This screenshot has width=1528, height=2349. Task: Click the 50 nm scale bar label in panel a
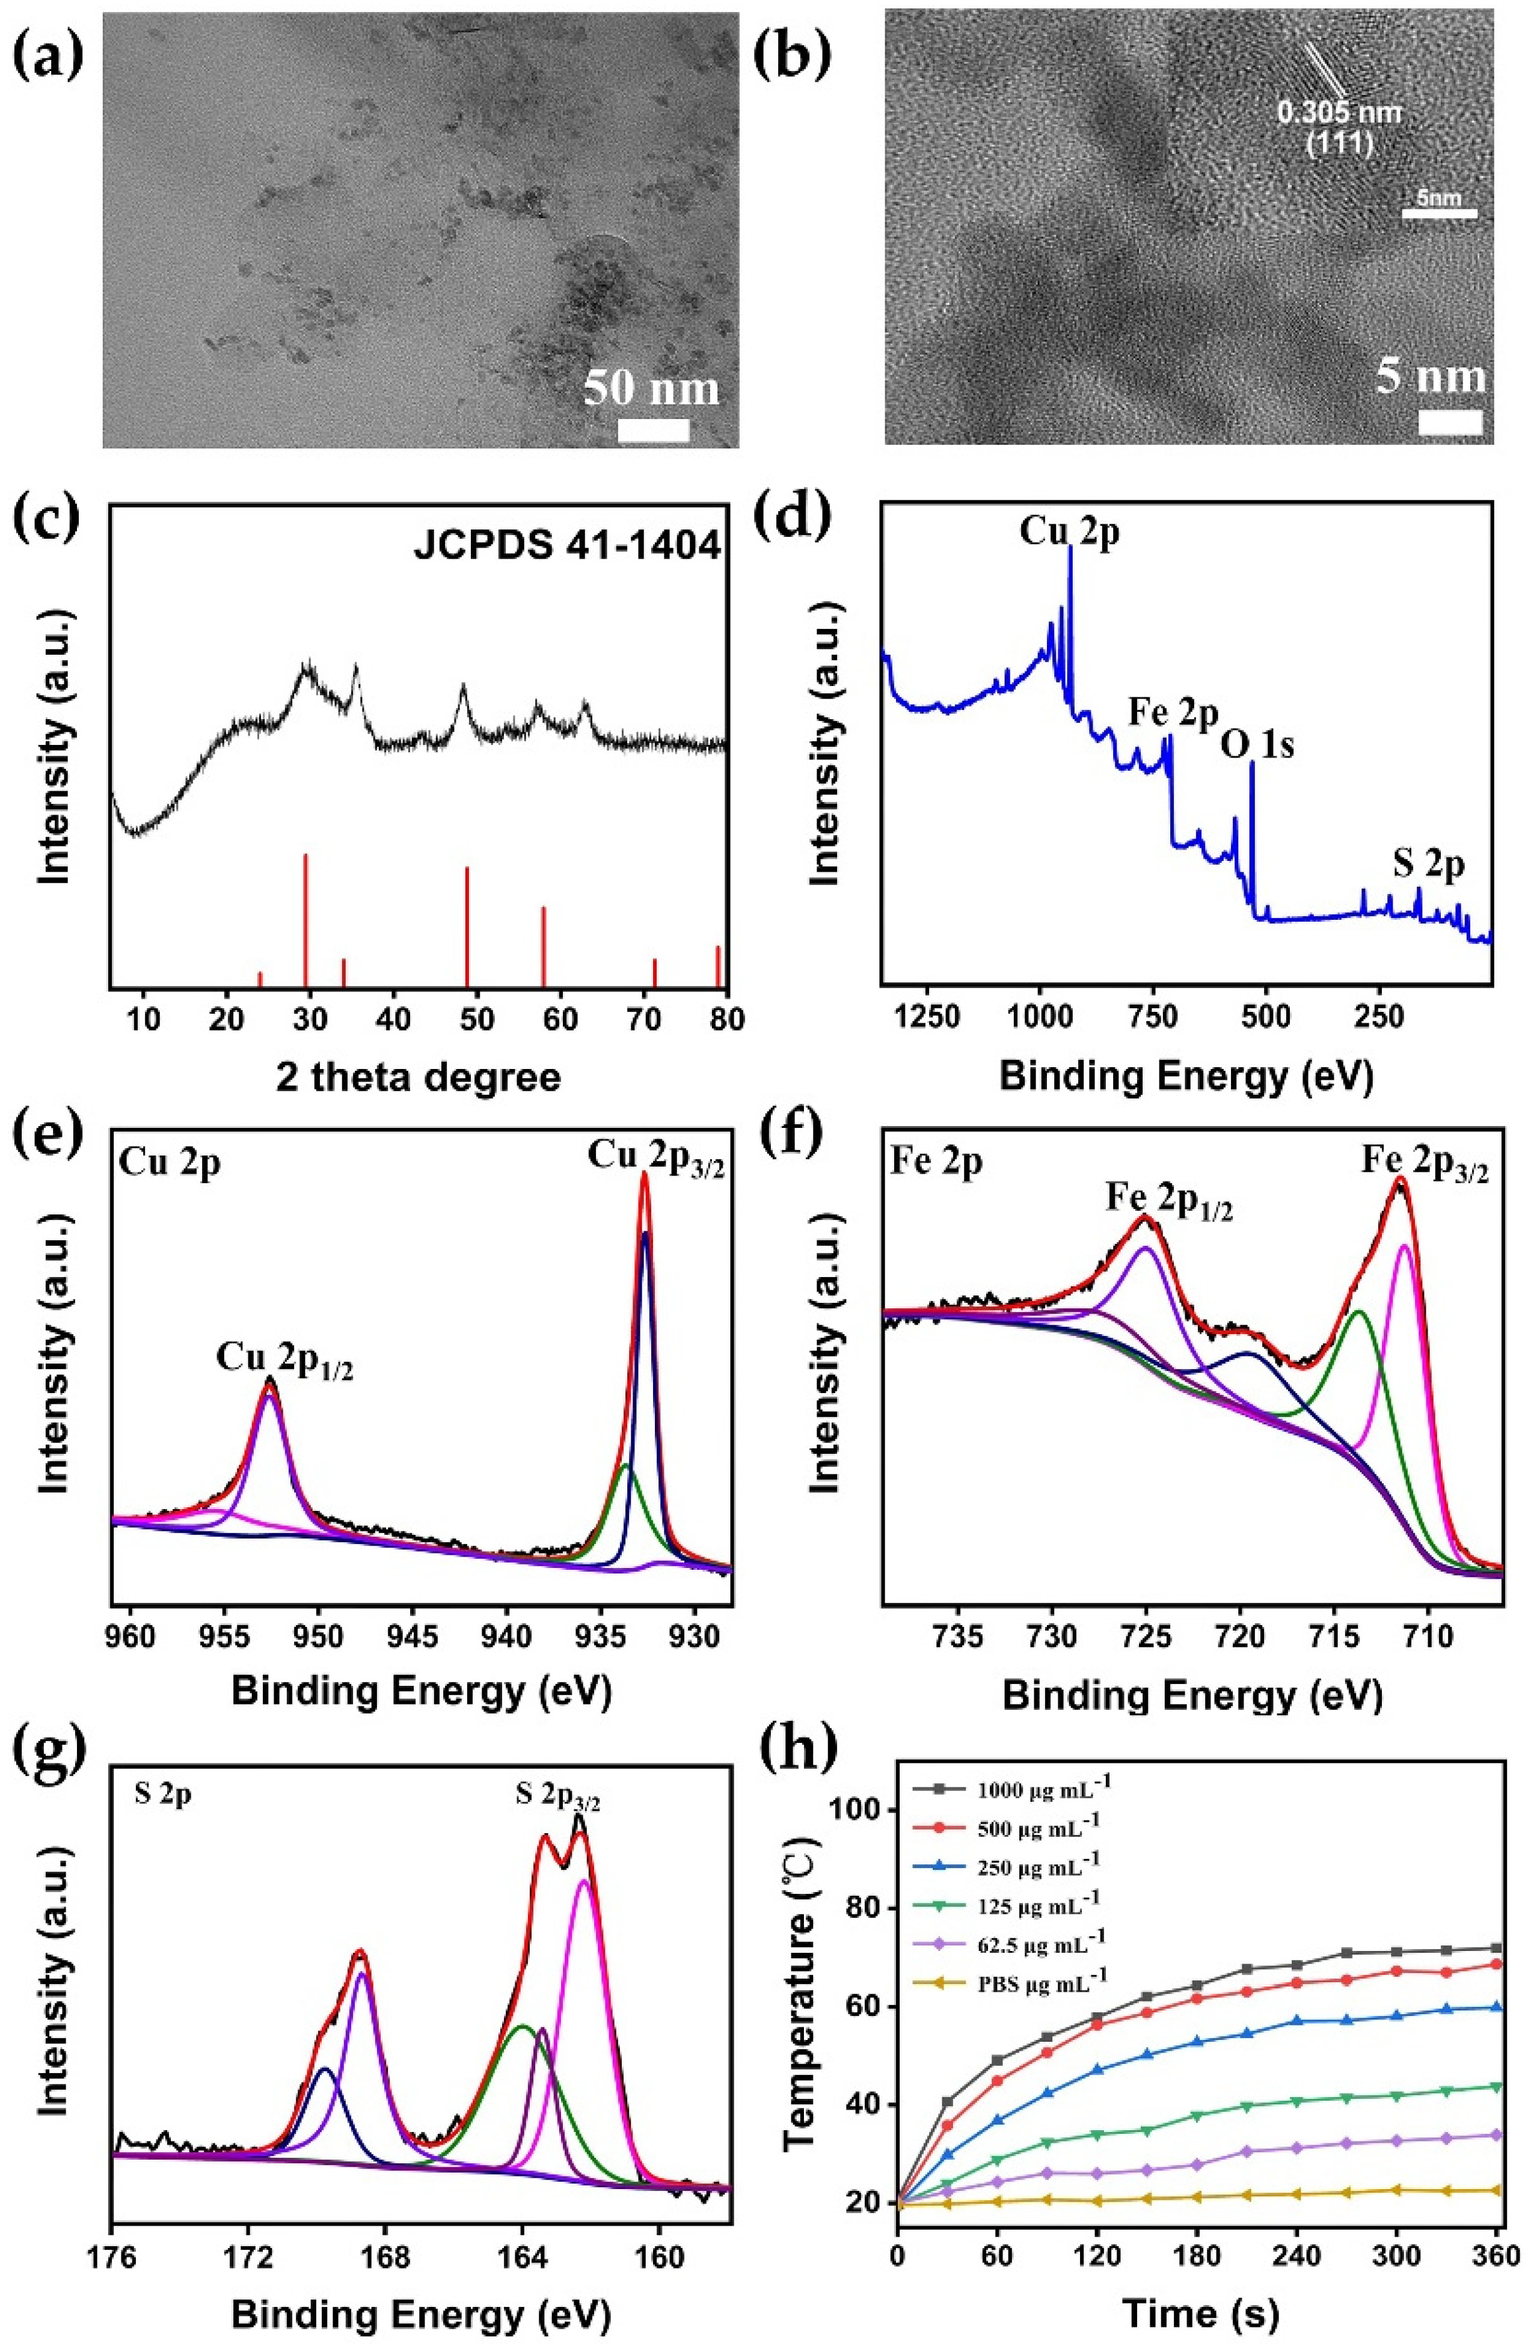pyautogui.click(x=651, y=388)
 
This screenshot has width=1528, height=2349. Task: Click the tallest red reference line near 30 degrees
pyautogui.click(x=305, y=918)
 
